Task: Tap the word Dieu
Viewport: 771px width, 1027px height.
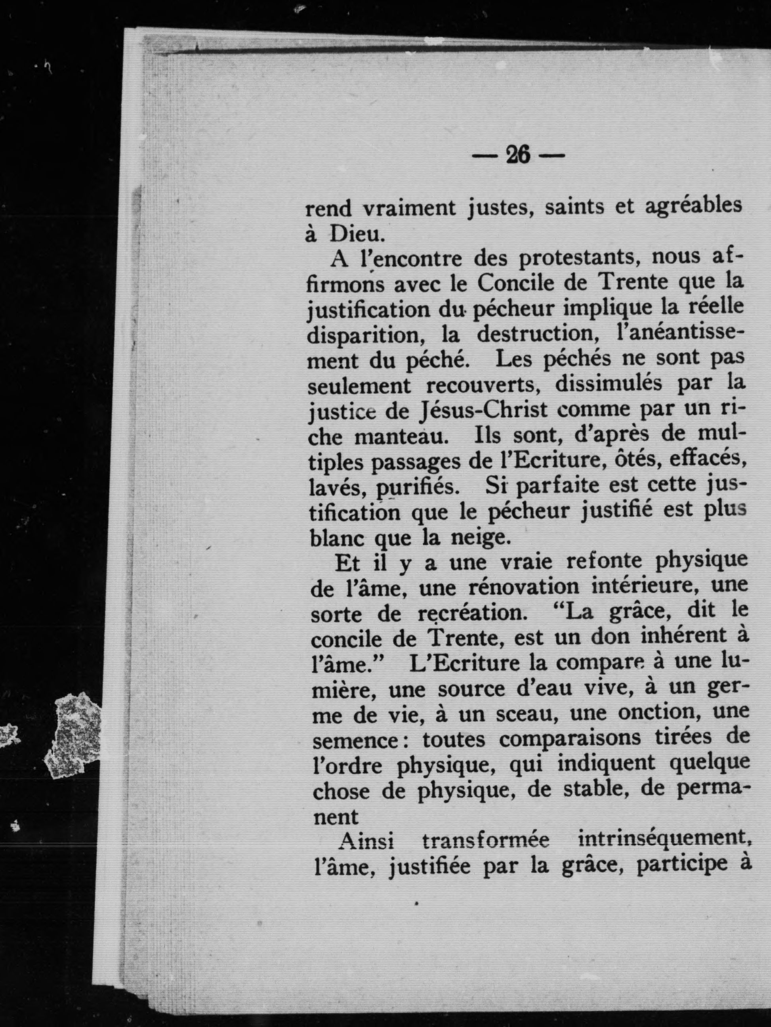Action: (x=357, y=235)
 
